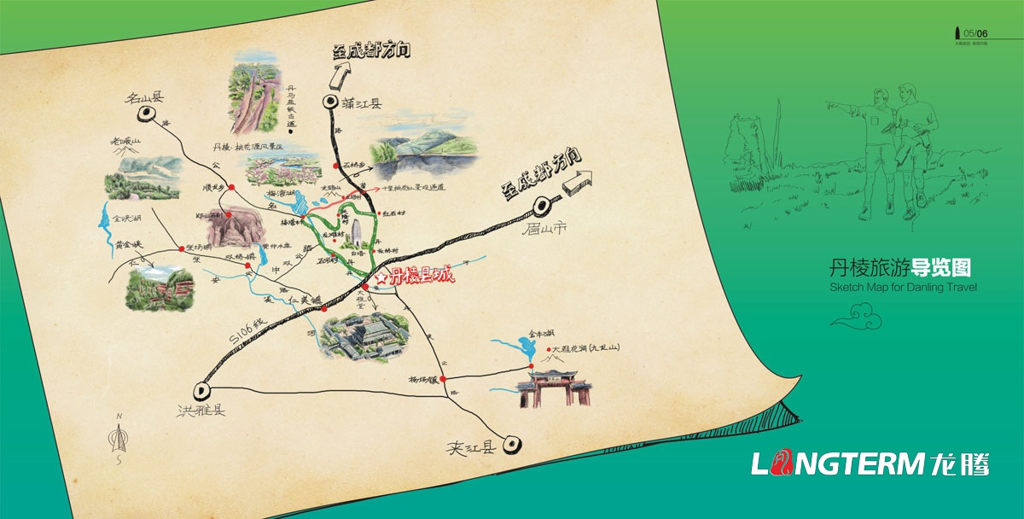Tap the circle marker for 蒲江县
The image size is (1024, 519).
click(330, 104)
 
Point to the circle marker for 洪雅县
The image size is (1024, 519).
click(203, 390)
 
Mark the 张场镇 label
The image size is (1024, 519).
click(200, 245)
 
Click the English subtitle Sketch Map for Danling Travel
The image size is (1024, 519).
click(903, 288)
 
